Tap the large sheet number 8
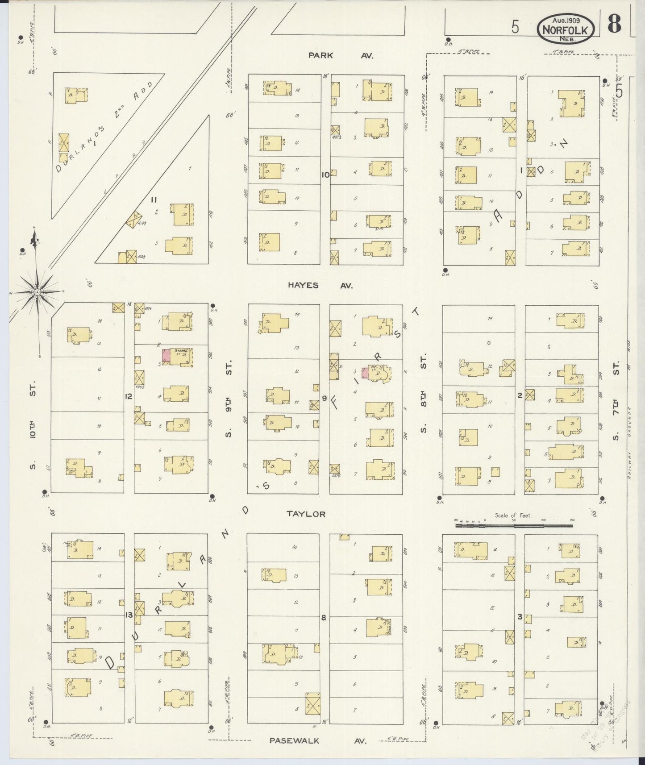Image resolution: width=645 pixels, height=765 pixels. point(615,25)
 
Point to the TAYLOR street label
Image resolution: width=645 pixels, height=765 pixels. point(306,514)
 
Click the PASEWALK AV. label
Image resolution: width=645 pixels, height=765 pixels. point(318,740)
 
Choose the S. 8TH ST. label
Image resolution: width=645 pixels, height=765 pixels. point(423,393)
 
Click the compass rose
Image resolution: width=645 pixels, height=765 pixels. point(38,292)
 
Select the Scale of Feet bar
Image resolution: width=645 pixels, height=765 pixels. point(513,525)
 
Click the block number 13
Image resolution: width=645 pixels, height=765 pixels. point(129,615)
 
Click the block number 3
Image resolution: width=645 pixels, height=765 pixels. point(520,617)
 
